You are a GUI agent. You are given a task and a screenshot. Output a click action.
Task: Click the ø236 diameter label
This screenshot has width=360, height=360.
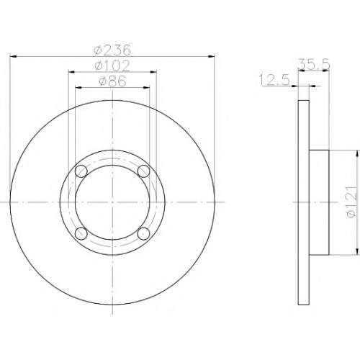tap(112, 50)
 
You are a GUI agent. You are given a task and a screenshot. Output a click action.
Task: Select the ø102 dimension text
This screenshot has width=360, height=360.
tap(112, 66)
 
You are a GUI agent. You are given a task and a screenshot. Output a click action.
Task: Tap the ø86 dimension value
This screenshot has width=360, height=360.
tap(112, 81)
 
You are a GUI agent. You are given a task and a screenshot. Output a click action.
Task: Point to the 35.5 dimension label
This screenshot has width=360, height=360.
tap(314, 65)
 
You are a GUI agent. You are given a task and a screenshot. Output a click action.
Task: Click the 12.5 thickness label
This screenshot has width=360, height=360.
tap(275, 80)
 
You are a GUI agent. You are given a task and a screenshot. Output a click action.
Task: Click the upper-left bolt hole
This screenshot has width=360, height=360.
tap(81, 171)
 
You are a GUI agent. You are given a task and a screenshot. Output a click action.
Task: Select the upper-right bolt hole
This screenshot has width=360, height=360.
tap(143, 171)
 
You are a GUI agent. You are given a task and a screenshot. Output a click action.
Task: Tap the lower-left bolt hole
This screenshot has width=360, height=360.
tap(81, 233)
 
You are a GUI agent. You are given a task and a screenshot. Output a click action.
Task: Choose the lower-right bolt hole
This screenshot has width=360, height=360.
tap(143, 233)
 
